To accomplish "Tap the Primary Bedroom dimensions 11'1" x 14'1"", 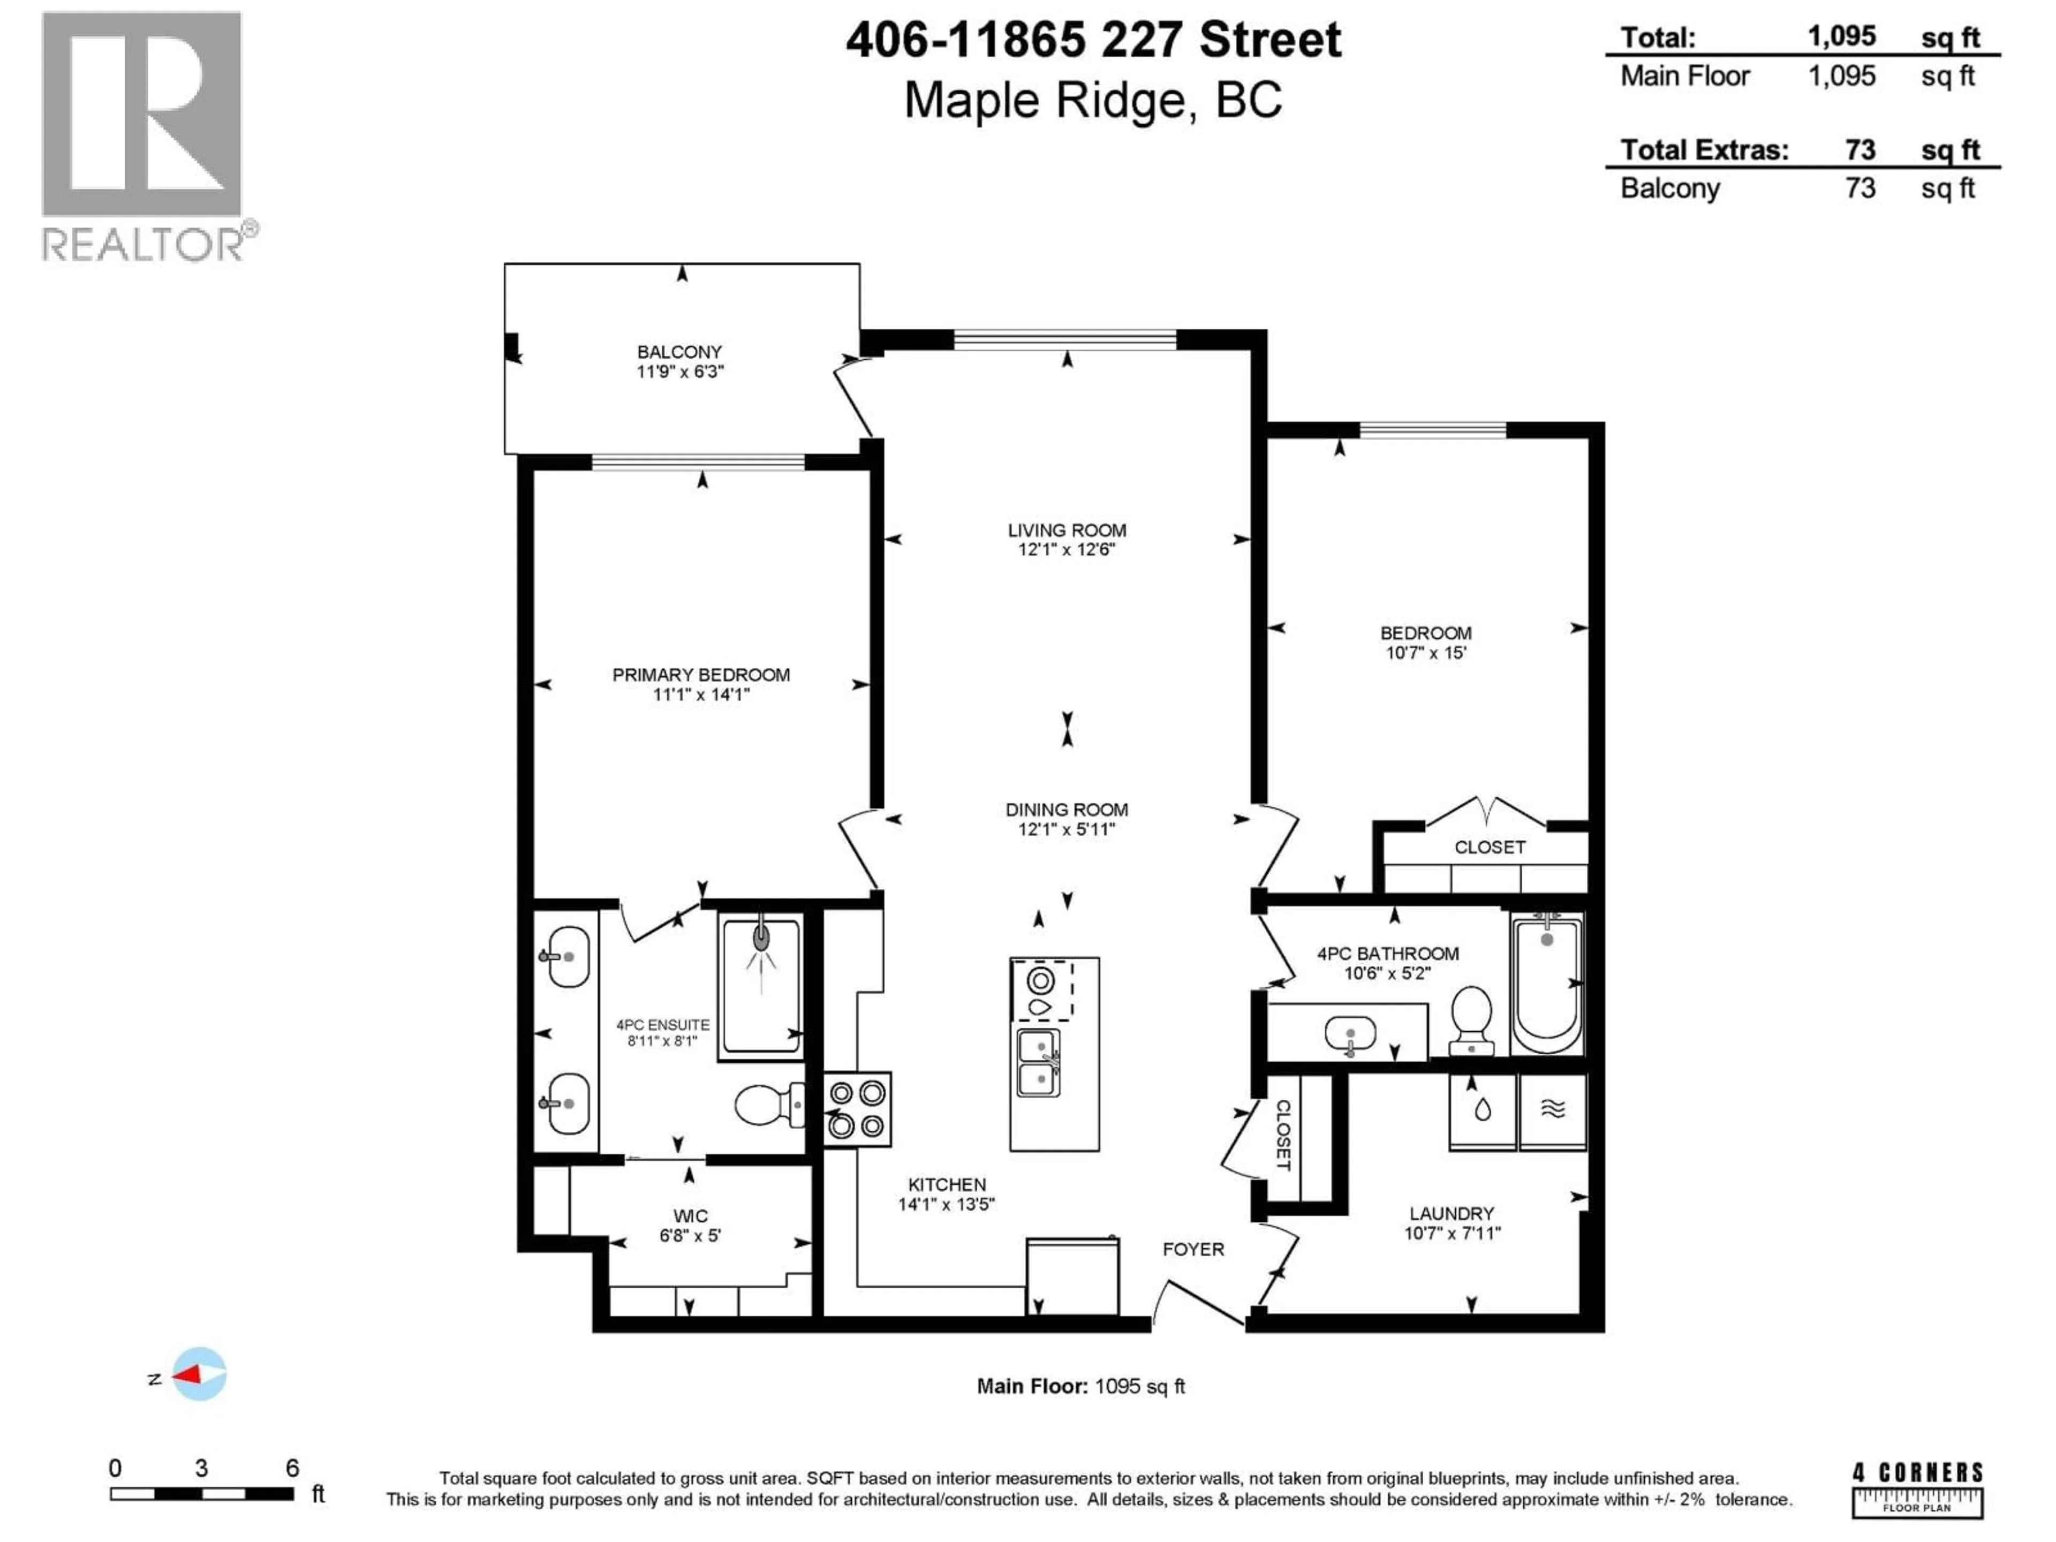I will pos(701,694).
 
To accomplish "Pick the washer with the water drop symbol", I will pos(1483,1111).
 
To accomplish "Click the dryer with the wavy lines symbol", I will pos(1552,1111).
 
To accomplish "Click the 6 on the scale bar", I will pos(292,1469).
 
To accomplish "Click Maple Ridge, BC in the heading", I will pos(1093,100).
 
